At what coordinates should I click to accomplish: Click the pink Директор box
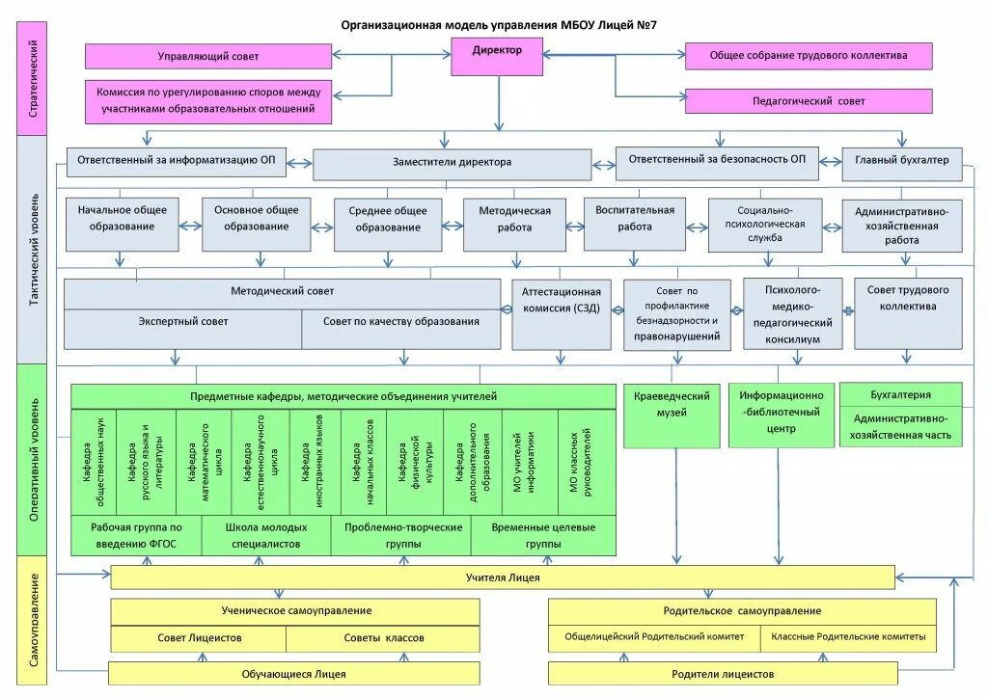point(498,57)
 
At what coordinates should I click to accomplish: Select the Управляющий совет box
point(207,56)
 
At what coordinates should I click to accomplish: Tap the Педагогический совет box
point(809,101)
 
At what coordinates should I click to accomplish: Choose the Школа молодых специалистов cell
point(266,536)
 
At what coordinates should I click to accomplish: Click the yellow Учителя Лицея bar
point(503,577)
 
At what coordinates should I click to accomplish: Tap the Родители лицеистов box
point(723,673)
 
